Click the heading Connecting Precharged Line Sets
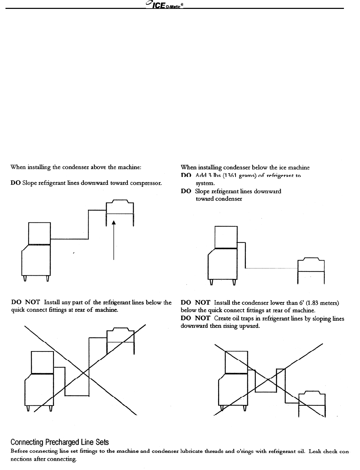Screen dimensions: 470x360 [x=60, y=442]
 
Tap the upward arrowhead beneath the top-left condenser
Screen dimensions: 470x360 [x=114, y=222]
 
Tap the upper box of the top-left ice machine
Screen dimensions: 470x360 [x=40, y=233]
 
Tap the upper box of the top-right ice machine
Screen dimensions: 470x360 [x=226, y=237]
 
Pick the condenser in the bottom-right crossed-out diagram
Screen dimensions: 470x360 [x=311, y=399]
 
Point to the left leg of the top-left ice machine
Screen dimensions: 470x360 [x=24, y=279]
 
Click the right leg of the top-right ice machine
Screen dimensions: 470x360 [x=234, y=282]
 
